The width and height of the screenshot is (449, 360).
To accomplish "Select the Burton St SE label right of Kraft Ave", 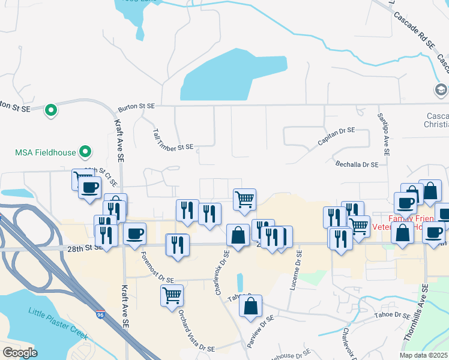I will click(x=136, y=106).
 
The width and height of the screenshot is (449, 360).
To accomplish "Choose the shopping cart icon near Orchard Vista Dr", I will click(x=172, y=295).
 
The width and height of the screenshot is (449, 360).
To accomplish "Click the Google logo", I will click(x=20, y=352).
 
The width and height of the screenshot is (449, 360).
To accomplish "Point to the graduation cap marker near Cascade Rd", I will click(x=441, y=89).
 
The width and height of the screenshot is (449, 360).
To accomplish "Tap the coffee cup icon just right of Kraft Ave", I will click(x=134, y=232).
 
